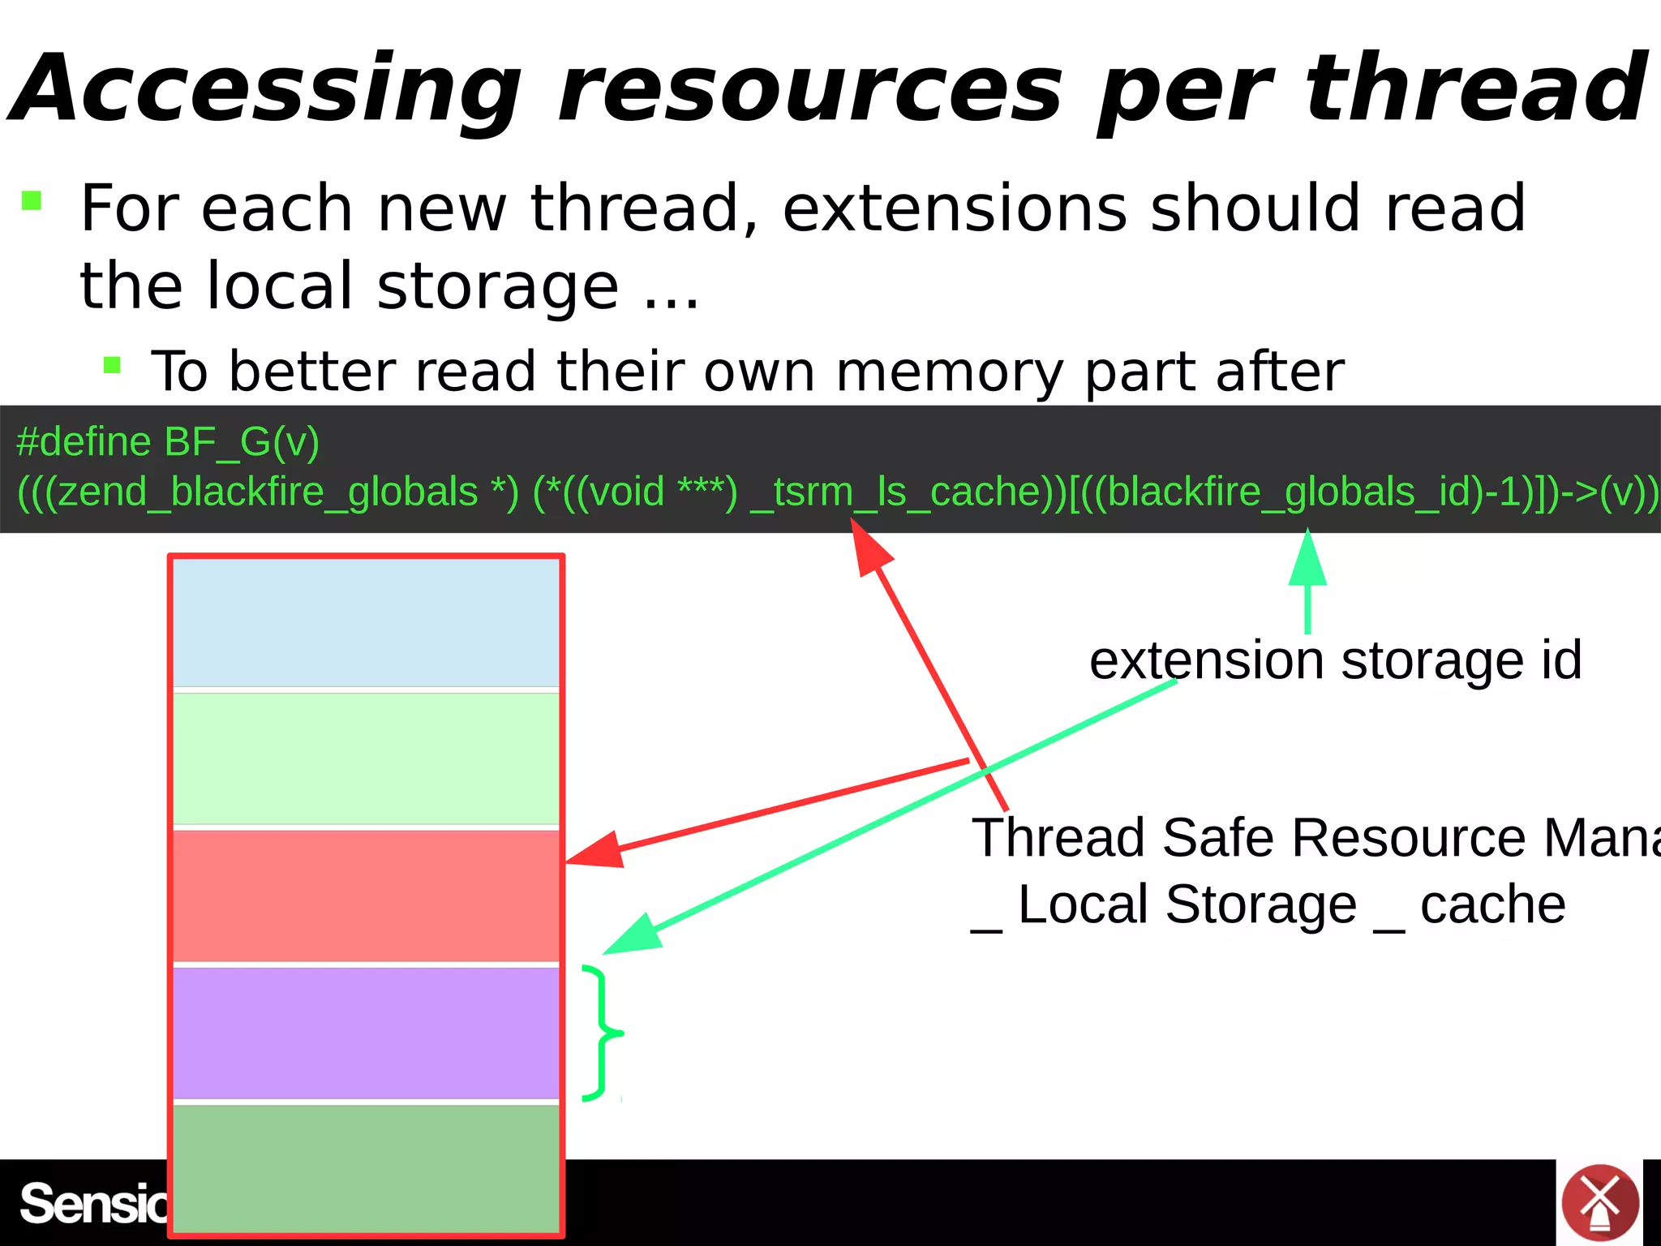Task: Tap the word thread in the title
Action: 1476,88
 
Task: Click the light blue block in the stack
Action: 366,623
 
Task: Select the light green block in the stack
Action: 366,758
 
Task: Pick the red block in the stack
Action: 366,896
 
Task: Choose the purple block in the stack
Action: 366,1033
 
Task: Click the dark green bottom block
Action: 366,1168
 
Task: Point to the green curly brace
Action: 602,1033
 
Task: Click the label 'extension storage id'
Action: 1335,660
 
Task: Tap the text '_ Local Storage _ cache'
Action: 1268,905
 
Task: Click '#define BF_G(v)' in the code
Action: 168,443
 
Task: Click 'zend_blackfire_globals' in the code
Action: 268,492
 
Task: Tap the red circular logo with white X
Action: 1599,1203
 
